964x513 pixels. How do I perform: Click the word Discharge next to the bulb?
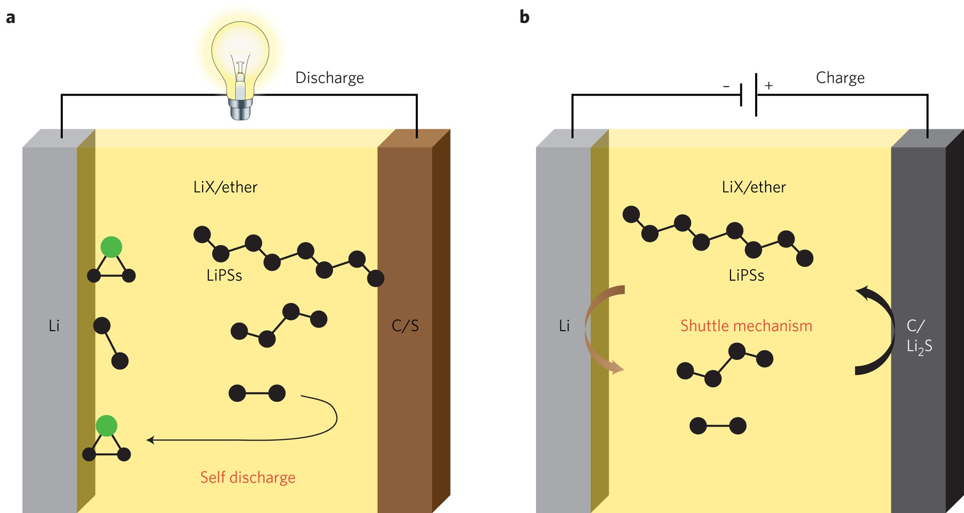329,78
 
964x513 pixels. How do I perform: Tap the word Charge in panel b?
840,78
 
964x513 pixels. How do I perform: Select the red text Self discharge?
247,477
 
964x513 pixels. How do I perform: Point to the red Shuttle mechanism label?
746,326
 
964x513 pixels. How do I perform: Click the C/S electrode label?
405,326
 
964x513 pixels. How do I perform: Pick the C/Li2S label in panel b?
919,336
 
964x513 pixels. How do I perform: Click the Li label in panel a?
54,326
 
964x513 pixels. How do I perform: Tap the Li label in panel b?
564,326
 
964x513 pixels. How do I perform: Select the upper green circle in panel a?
111,247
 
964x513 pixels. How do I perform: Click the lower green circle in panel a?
106,425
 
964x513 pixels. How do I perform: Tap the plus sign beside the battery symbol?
769,85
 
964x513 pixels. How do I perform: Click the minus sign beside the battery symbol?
726,86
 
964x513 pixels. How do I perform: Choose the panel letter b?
524,17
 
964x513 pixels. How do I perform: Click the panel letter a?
11,18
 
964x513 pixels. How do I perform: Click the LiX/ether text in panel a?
225,187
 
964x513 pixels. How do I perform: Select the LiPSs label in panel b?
746,275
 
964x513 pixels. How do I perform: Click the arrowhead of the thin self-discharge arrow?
150,440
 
